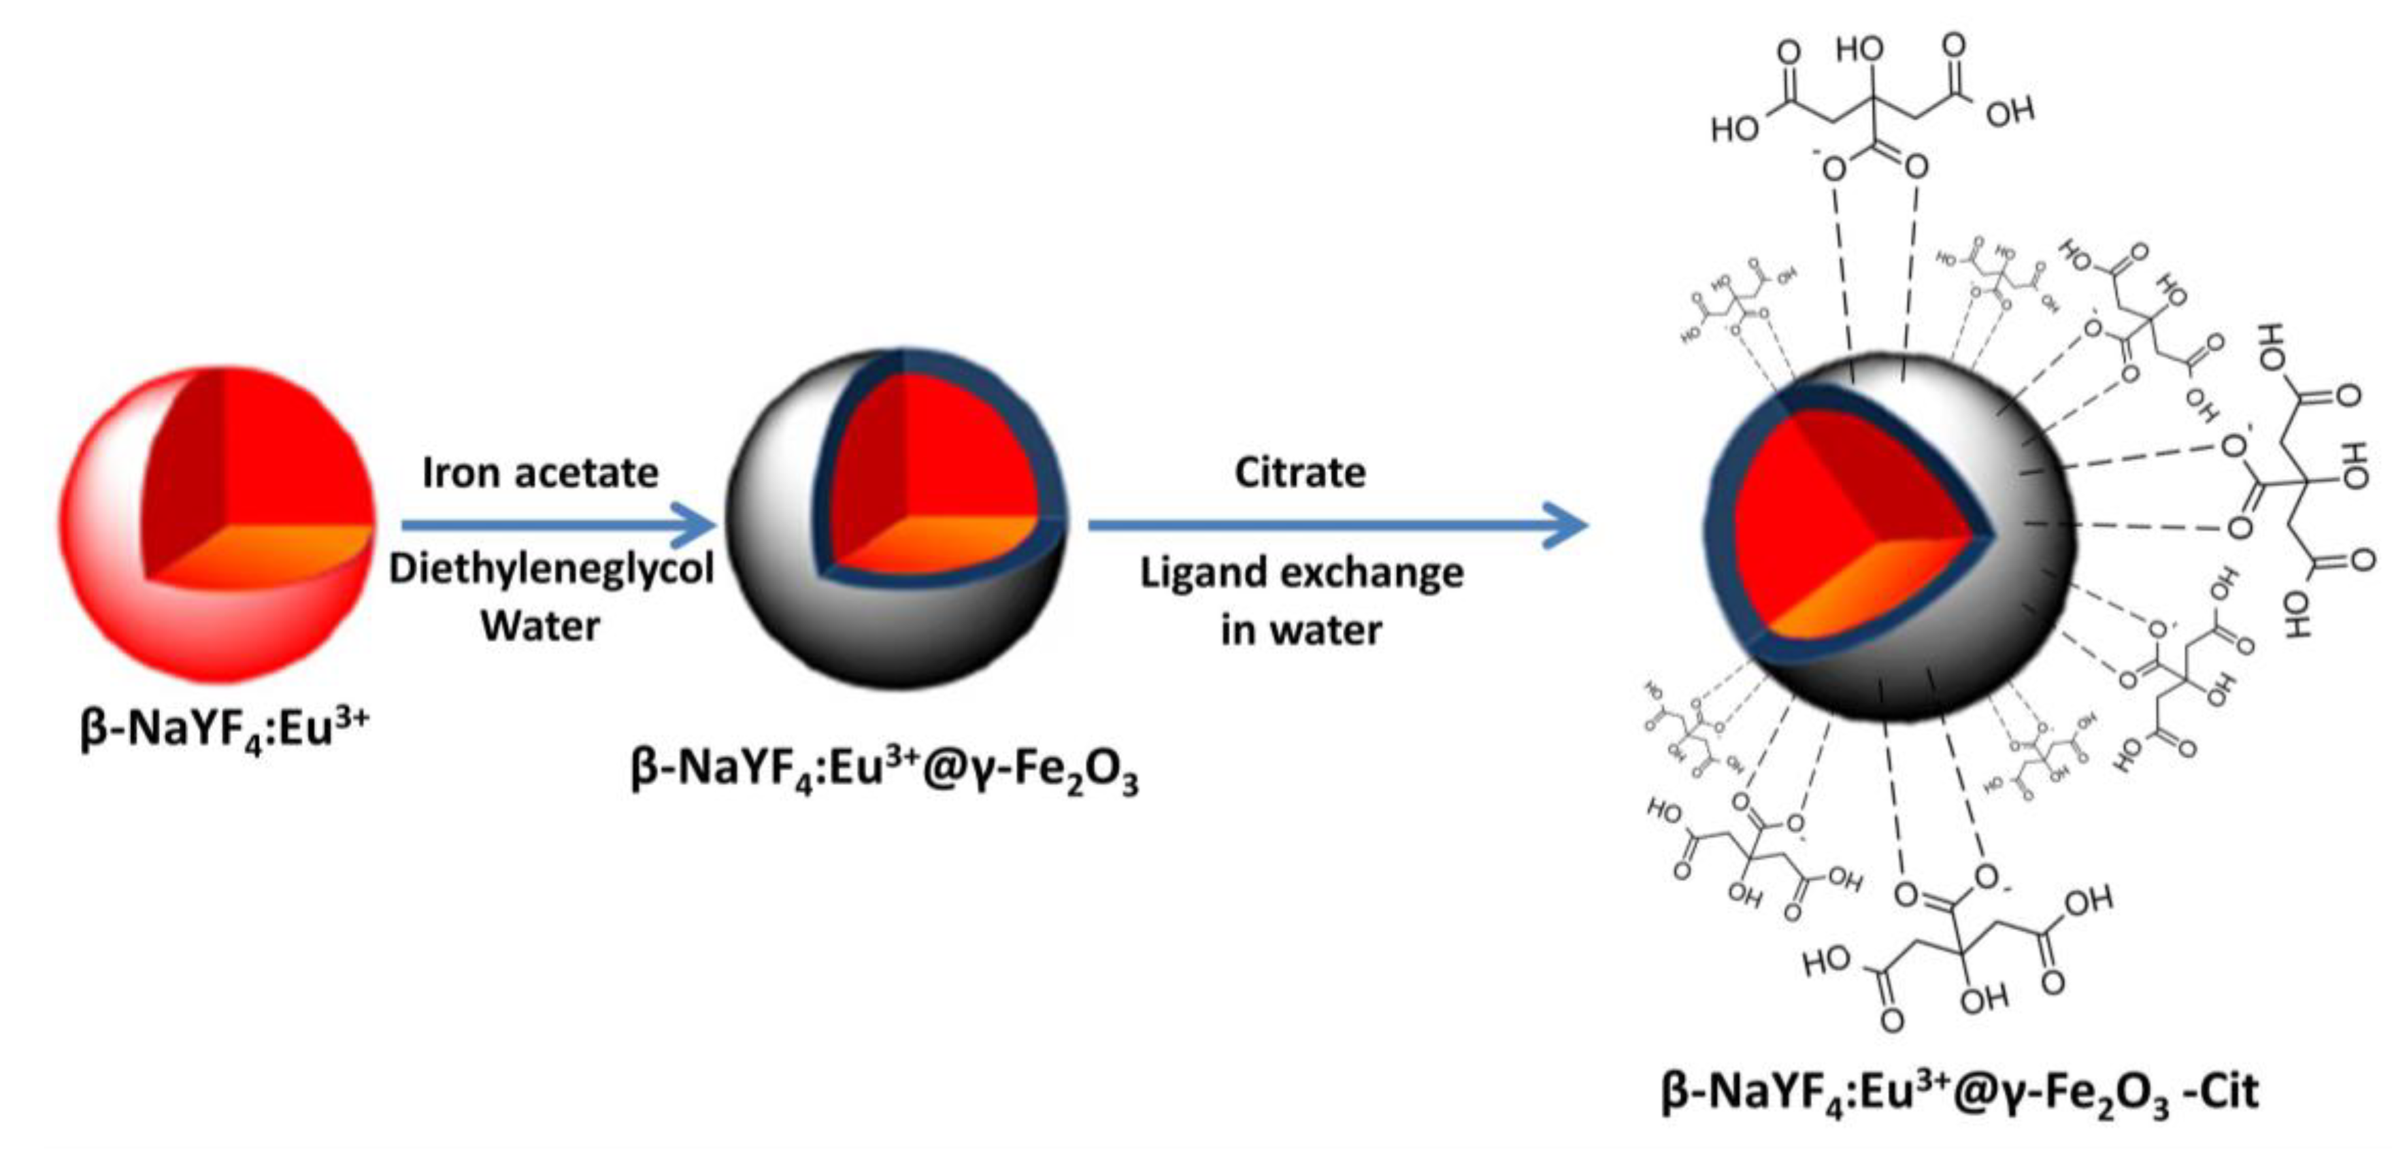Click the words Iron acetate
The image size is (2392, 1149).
click(x=539, y=473)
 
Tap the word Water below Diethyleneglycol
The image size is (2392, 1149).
click(x=539, y=626)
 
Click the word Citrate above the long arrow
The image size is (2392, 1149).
click(x=1299, y=473)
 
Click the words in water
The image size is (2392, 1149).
click(x=1300, y=631)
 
